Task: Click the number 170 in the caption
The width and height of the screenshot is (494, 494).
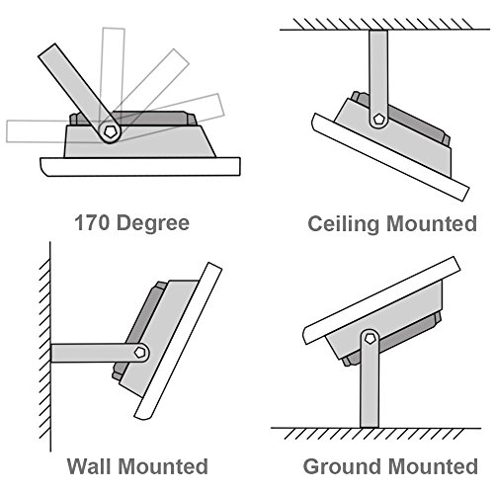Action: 91,222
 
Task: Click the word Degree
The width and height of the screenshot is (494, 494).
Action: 153,224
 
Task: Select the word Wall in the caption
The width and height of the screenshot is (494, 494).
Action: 89,466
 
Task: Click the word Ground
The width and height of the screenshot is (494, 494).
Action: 342,466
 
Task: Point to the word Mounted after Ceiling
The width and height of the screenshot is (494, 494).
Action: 432,223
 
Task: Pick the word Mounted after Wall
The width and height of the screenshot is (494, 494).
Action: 163,466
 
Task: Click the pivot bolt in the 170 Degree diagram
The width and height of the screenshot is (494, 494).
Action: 110,131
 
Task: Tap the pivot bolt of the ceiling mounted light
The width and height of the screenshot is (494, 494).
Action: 378,119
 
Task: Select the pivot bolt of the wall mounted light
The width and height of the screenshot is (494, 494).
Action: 140,353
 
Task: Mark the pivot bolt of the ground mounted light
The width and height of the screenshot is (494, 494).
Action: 370,338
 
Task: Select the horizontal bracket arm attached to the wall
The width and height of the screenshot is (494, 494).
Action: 99,353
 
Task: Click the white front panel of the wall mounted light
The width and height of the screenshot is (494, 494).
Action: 178,341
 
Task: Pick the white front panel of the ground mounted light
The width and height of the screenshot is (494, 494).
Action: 381,300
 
